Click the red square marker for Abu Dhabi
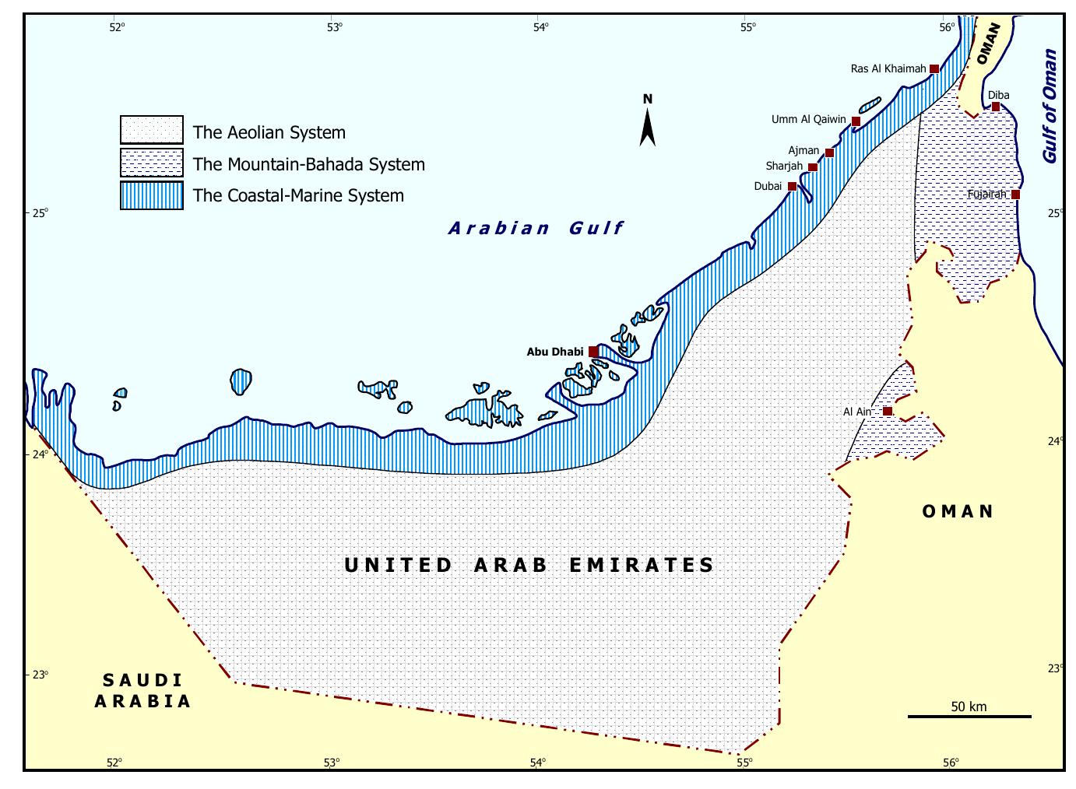pyautogui.click(x=593, y=352)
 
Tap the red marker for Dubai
pyautogui.click(x=792, y=187)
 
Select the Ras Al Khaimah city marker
pyautogui.click(x=934, y=69)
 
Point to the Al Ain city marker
pyautogui.click(x=888, y=411)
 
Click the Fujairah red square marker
pyautogui.click(x=1015, y=195)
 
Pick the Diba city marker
pyautogui.click(x=996, y=107)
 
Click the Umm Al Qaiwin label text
pyautogui.click(x=808, y=120)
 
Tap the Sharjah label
pyautogui.click(x=783, y=167)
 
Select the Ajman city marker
pyautogui.click(x=829, y=153)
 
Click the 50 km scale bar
pyautogui.click(x=969, y=716)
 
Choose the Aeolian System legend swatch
pyautogui.click(x=152, y=130)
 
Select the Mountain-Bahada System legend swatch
pyautogui.click(x=152, y=163)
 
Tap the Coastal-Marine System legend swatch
pyautogui.click(x=152, y=195)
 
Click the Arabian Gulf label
pyautogui.click(x=536, y=228)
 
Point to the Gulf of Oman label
pyautogui.click(x=1050, y=107)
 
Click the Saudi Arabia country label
pyautogui.click(x=142, y=691)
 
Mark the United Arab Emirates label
pyautogui.click(x=529, y=565)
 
